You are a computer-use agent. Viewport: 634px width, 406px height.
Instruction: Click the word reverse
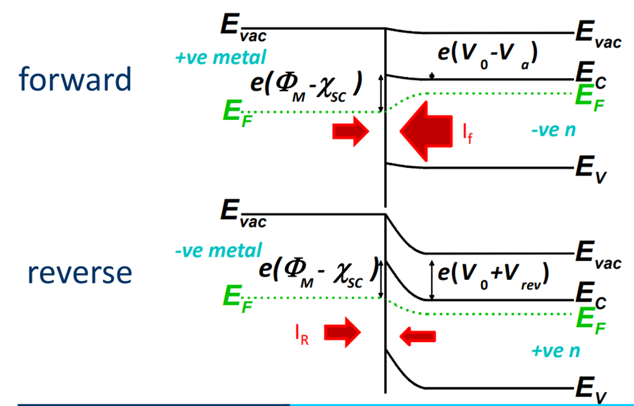pyautogui.click(x=79, y=272)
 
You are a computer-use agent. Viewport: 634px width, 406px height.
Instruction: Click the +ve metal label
pyautogui.click(x=220, y=58)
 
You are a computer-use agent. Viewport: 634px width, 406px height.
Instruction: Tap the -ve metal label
pyautogui.click(x=218, y=250)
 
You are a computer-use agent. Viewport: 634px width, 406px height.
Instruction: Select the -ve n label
pyautogui.click(x=553, y=131)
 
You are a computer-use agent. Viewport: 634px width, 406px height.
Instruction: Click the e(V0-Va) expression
pyautogui.click(x=487, y=53)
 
